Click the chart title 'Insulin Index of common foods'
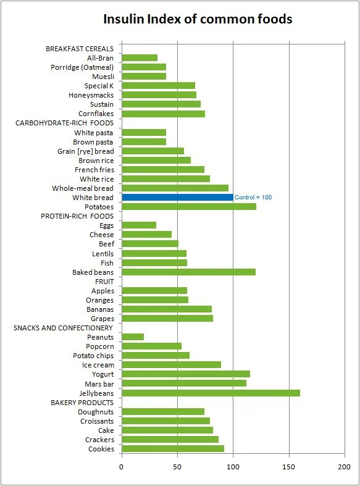pyautogui.click(x=198, y=19)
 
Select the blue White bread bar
pyautogui.click(x=177, y=198)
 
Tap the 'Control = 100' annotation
pyautogui.click(x=253, y=198)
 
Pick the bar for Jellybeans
pyautogui.click(x=211, y=393)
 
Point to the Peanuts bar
pyautogui.click(x=133, y=337)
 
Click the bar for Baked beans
pyautogui.click(x=189, y=272)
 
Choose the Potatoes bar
pyautogui.click(x=189, y=207)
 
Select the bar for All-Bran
pyautogui.click(x=140, y=58)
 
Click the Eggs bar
pyautogui.click(x=139, y=225)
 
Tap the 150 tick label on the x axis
pyautogui.click(x=289, y=467)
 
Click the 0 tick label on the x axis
pyautogui.click(x=122, y=467)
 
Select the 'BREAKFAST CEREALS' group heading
pyautogui.click(x=80, y=49)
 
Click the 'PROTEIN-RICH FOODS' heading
pyautogui.click(x=77, y=216)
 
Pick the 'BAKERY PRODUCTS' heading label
pyautogui.click(x=82, y=403)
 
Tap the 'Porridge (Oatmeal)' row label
pyautogui.click(x=82, y=67)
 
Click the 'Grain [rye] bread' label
pyautogui.click(x=85, y=151)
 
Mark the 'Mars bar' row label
pyautogui.click(x=99, y=384)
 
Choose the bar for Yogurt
pyautogui.click(x=186, y=374)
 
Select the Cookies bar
pyautogui.click(x=173, y=449)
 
